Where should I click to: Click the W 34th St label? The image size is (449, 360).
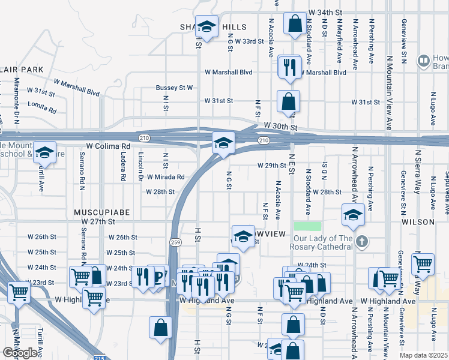pos(324,12)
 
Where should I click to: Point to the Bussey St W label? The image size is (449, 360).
pos(174,88)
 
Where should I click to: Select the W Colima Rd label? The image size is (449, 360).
pos(108,146)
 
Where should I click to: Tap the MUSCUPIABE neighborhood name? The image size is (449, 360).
pos(94,212)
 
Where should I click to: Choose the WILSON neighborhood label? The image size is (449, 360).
pos(418,222)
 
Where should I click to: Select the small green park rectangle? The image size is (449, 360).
pos(307,226)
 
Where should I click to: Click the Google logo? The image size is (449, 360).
pos(20,353)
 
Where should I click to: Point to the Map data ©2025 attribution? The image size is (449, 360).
pos(424,355)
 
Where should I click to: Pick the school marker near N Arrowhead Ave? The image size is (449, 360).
pos(354,214)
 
